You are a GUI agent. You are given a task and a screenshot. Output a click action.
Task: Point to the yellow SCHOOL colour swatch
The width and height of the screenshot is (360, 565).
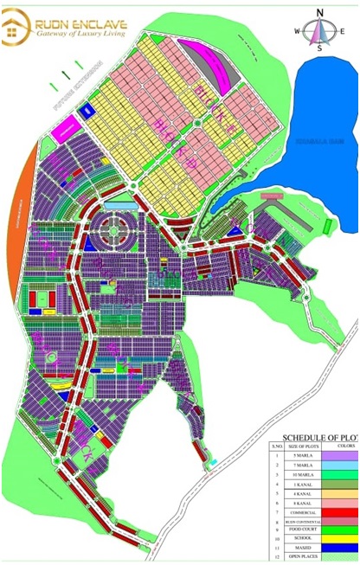point(341,538)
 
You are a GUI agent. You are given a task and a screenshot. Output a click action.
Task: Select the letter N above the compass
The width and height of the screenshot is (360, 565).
point(319,12)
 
